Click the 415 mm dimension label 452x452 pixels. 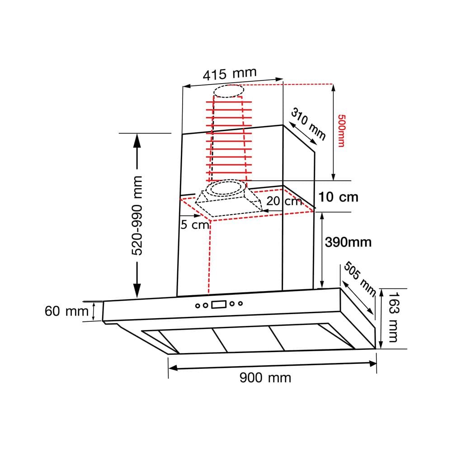click(230, 74)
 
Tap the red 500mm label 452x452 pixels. click(341, 131)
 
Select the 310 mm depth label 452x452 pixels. click(308, 123)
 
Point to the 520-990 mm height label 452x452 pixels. click(137, 215)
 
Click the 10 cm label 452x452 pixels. click(338, 197)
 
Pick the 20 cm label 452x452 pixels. click(284, 201)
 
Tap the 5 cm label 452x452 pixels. click(194, 225)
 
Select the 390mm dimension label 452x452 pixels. click(348, 242)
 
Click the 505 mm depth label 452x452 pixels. click(360, 279)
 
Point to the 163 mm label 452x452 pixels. click(393, 317)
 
